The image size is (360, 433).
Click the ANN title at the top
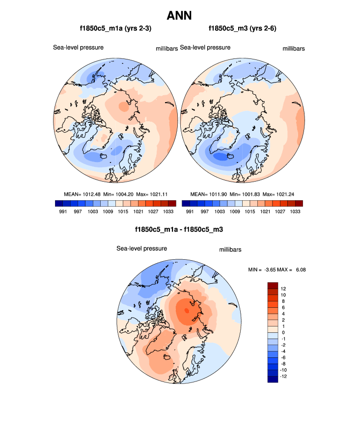pos(179,15)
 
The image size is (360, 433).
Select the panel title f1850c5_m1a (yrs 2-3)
pos(115,29)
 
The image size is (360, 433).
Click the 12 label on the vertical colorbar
pos(283,288)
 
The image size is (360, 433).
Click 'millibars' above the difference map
pos(230,250)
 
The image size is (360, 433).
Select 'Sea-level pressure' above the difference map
pos(142,248)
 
